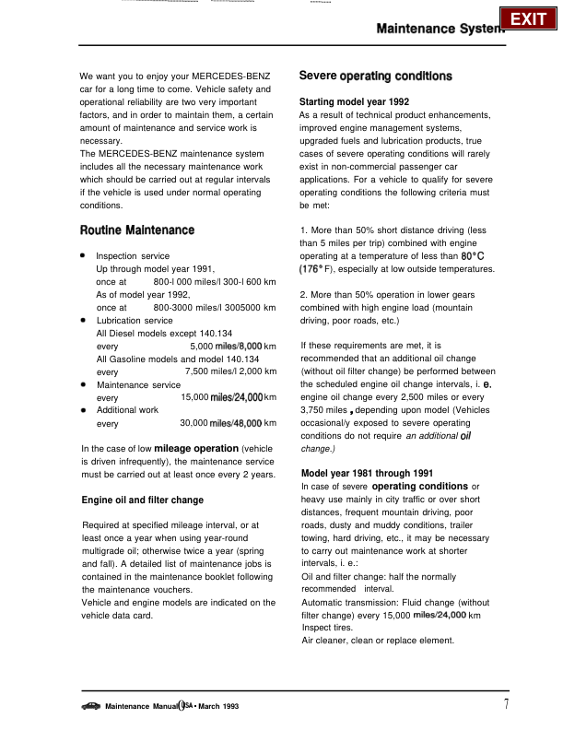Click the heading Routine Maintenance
pos(137,230)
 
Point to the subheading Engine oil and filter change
pos(143,500)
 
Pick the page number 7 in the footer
pos(506,705)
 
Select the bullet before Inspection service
pos(84,254)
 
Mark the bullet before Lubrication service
pos(84,320)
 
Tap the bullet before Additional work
pos(84,408)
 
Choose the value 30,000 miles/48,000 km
pos(229,423)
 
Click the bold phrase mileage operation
pos(196,449)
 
